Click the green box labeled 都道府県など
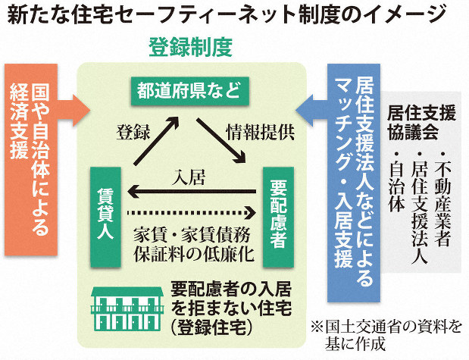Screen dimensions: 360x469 coord(188,93)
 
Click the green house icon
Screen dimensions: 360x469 coord(124,308)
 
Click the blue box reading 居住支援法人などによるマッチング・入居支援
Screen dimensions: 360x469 coord(353,182)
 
